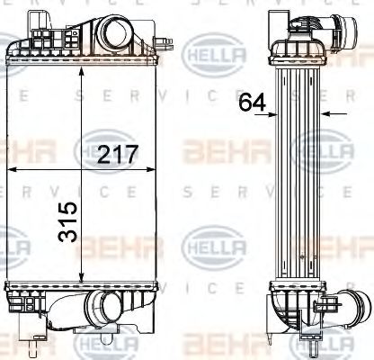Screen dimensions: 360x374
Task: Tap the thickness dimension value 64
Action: (x=253, y=103)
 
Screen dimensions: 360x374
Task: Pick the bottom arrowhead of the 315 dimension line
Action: (x=85, y=282)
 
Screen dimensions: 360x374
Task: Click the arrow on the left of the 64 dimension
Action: (x=274, y=114)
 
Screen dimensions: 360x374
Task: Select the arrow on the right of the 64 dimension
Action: (x=328, y=114)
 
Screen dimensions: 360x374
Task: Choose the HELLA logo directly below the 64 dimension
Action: (x=321, y=149)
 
